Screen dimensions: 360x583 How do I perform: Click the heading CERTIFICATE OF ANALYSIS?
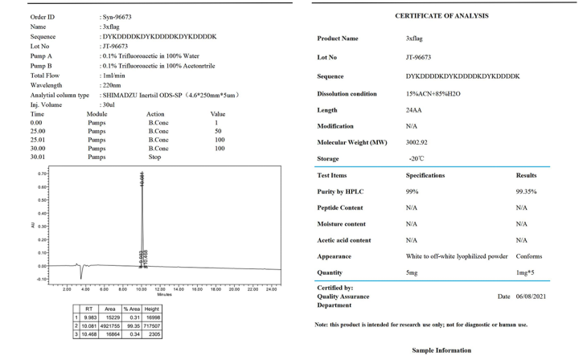pos(441,15)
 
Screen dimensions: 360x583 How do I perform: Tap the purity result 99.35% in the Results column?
pos(526,191)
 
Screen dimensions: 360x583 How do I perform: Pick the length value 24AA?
pos(415,110)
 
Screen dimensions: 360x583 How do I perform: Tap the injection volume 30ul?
pos(107,104)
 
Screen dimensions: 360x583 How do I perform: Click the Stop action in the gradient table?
pos(155,157)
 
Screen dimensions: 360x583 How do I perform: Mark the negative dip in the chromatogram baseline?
pos(81,272)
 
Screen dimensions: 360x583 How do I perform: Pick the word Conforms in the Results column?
pos(529,256)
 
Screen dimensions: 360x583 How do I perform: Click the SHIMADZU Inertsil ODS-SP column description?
pos(169,94)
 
